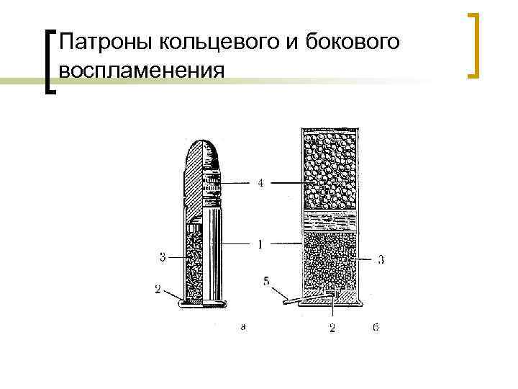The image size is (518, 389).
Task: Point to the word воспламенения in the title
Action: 142,71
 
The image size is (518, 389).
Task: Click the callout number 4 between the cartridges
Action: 260,184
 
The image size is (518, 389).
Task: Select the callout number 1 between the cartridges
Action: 260,245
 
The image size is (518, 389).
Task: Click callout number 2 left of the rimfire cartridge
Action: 158,290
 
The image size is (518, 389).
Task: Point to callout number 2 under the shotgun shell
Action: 333,328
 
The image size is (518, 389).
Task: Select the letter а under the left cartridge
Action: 243,328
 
